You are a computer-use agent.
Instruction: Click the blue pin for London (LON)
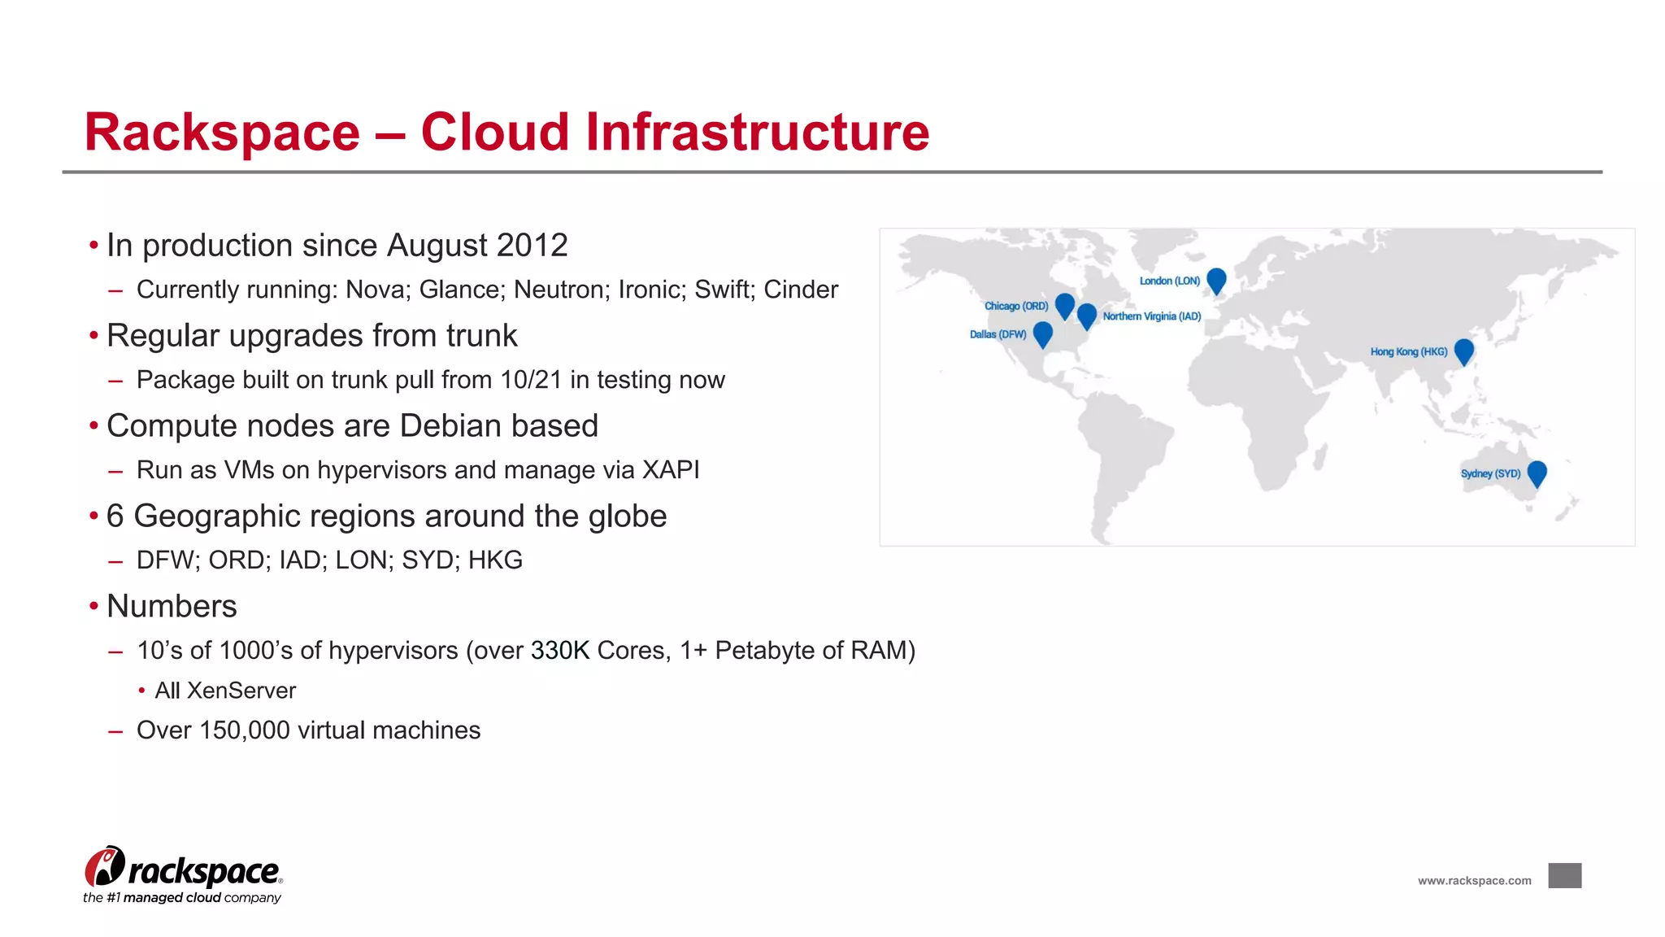[x=1216, y=279]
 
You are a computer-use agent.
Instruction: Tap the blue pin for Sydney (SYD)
[x=1537, y=472]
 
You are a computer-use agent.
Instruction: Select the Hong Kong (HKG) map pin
[x=1463, y=350]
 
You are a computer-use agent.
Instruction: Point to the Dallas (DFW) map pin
[x=1042, y=333]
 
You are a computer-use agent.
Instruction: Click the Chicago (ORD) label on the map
[x=1016, y=306]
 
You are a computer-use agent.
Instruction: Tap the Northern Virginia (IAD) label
[x=1151, y=316]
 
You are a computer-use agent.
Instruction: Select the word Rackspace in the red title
[x=222, y=132]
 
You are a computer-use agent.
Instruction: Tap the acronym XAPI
[x=671, y=470]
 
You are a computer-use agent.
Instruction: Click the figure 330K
[x=559, y=651]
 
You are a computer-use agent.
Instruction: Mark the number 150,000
[x=244, y=730]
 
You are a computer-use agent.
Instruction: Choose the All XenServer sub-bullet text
[x=225, y=691]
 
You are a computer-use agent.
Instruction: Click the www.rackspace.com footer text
[x=1474, y=881]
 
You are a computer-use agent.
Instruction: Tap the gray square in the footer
[x=1564, y=876]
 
